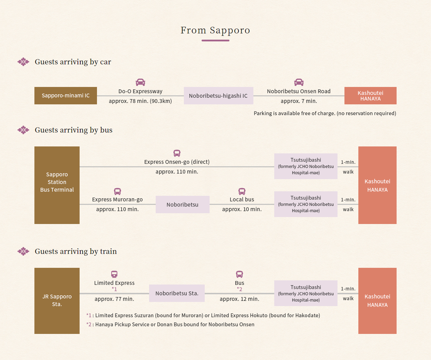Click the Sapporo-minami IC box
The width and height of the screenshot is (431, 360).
click(66, 96)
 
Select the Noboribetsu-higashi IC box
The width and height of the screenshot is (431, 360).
click(219, 96)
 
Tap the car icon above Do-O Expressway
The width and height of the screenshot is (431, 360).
click(140, 82)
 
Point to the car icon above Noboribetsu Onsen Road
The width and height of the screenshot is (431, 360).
click(299, 82)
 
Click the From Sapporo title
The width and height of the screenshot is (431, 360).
click(215, 30)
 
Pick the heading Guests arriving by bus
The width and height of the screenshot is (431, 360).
click(73, 130)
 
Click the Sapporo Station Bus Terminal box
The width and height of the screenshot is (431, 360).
click(57, 185)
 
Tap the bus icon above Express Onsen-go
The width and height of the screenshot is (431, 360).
click(177, 153)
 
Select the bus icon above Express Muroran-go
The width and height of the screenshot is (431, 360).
click(117, 191)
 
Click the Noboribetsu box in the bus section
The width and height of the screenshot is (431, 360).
click(182, 205)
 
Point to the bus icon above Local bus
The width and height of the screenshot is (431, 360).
click(242, 191)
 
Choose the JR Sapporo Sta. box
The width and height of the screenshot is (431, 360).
click(57, 301)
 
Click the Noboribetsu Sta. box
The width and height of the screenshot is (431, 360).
click(177, 293)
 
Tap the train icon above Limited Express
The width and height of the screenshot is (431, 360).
click(114, 274)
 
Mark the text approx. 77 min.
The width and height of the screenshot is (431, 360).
click(114, 299)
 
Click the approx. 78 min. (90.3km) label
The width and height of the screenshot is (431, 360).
click(140, 101)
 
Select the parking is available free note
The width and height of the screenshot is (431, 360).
click(325, 113)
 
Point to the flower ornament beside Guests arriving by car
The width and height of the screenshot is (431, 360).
click(23, 62)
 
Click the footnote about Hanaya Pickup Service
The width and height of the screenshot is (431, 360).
click(170, 325)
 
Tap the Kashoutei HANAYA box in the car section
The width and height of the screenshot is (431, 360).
click(371, 96)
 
